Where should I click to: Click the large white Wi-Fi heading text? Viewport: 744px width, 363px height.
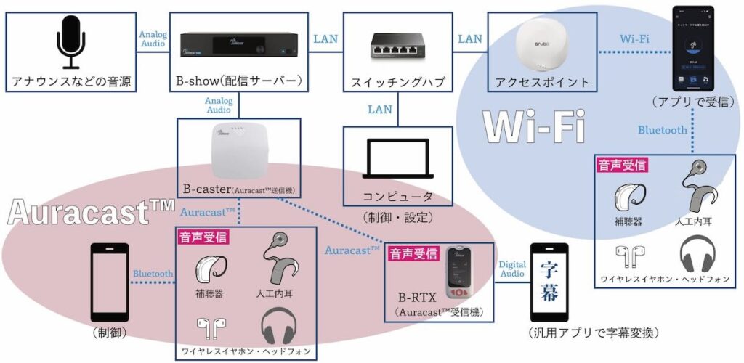(x=527, y=130)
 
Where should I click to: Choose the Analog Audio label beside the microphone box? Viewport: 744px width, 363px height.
(x=153, y=39)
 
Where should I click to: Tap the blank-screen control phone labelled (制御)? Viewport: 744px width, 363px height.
(x=110, y=280)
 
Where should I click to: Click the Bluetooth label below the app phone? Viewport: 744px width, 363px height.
(x=663, y=130)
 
